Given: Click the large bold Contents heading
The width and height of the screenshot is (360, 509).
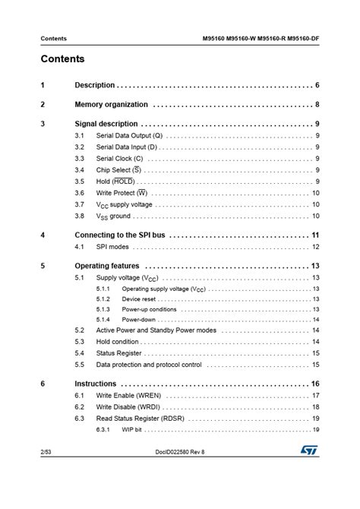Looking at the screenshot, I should tap(63, 59).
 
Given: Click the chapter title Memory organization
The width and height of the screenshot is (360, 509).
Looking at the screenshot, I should tap(112, 104).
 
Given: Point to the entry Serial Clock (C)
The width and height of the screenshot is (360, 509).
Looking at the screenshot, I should tap(121, 159).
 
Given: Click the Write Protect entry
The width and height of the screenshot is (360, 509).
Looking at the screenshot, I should tap(121, 193).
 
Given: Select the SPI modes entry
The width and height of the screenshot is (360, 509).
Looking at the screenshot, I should tap(112, 248).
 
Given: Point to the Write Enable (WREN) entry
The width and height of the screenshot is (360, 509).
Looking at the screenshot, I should tap(127, 396).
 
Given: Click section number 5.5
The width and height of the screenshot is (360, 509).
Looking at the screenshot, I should tap(80, 365).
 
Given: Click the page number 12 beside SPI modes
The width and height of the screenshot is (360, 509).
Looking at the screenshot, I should tap(315, 248).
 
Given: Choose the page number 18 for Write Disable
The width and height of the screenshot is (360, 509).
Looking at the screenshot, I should tap(315, 407).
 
